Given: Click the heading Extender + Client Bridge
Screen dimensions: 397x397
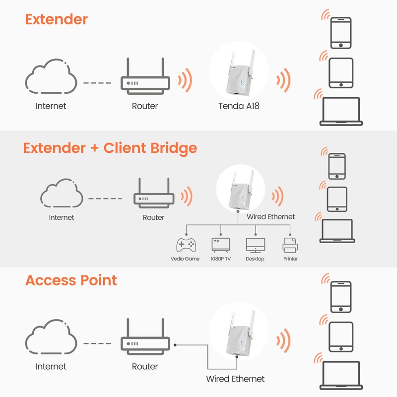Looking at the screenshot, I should [110, 148].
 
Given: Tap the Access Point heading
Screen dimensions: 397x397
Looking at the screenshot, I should [71, 280].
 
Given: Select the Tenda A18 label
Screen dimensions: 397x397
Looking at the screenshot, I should [239, 106].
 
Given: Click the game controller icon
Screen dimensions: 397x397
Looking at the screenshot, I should [186, 245].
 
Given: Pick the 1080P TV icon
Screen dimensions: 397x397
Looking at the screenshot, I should [221, 245].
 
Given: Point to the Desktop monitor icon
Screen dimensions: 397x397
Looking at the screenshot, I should [255, 245].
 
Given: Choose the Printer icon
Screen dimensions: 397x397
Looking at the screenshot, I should [290, 245].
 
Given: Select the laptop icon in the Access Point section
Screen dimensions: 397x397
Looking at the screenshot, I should [341, 375].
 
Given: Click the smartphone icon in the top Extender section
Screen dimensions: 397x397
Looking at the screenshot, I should [341, 33].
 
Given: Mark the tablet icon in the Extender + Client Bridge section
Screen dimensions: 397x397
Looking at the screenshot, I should [336, 199].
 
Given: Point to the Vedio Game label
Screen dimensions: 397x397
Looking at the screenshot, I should [185, 259].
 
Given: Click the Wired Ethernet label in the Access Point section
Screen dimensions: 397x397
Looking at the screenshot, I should [235, 379].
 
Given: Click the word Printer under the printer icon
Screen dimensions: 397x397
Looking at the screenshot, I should [290, 259].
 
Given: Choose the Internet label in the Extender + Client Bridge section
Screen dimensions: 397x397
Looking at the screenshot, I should [62, 217].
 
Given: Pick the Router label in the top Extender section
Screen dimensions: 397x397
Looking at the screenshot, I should [145, 106].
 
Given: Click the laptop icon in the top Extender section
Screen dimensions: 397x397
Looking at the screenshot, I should [341, 111].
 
